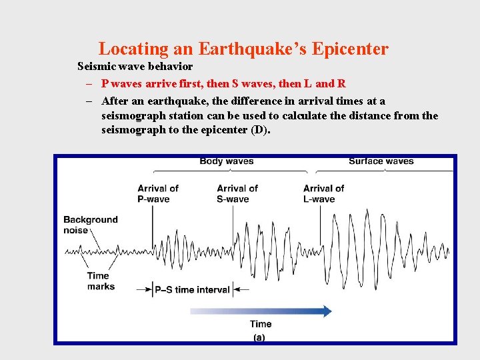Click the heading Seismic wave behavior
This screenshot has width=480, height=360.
tap(135, 66)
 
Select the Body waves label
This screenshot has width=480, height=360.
tap(226, 161)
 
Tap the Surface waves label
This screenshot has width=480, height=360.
tap(381, 161)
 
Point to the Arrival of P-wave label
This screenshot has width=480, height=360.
tap(158, 193)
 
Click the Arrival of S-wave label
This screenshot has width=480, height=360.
tap(237, 193)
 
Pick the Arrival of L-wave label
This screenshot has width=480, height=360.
tap(323, 193)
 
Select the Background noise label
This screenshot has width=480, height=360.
tap(90, 225)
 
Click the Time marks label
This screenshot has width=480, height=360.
tap(100, 281)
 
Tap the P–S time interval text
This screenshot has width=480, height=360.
tap(192, 290)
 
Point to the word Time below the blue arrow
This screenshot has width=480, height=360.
tap(261, 325)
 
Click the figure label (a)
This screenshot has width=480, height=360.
tap(259, 337)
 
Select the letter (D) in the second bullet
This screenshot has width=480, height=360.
tap(260, 129)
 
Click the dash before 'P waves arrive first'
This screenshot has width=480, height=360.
tap(88, 84)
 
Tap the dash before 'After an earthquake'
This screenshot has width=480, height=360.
tap(88, 101)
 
